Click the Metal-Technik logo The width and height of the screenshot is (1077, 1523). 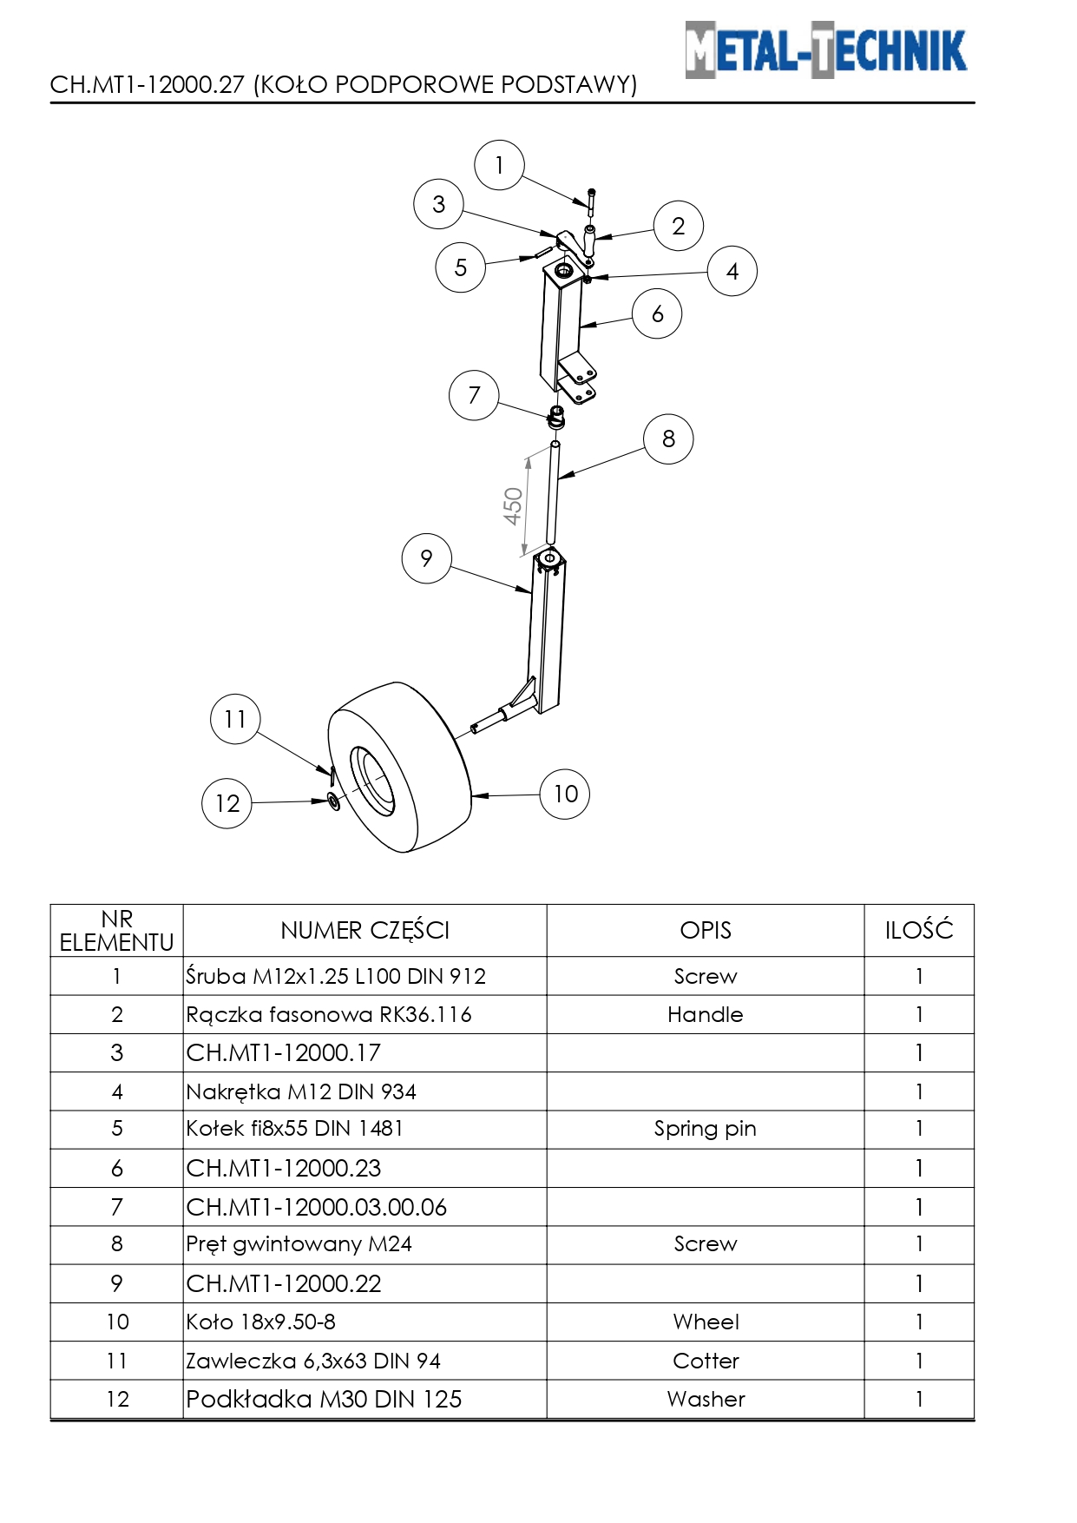pos(825,50)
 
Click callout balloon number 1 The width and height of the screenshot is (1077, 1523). pos(499,165)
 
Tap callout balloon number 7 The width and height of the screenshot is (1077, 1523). pos(474,395)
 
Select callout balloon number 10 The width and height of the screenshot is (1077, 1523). pos(565,794)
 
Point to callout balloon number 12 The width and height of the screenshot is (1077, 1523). pos(227,803)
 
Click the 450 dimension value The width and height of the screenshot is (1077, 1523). pos(513,506)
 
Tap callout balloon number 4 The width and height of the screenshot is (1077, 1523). pos(732,271)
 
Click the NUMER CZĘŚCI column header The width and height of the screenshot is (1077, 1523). pos(364,931)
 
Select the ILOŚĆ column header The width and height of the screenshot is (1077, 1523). pos(919,931)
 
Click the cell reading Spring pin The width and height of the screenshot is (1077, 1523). pos(705,1129)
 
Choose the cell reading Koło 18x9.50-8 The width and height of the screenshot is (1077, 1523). pos(261,1322)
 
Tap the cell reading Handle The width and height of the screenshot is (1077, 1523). pos(705,1014)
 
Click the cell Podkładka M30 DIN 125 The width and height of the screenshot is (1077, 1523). pos(324,1399)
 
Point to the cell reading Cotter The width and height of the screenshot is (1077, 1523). pos(706,1361)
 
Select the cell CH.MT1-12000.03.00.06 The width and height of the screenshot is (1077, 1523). pos(317,1207)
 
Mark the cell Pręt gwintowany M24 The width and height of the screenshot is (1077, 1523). pos(299,1244)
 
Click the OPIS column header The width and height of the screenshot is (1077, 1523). pos(705,931)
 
